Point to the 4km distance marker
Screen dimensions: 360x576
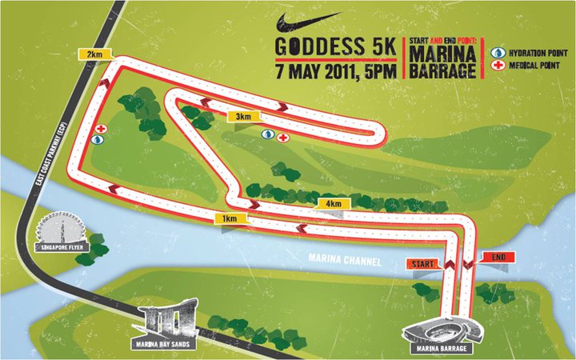click(332, 204)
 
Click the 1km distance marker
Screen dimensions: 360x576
click(229, 218)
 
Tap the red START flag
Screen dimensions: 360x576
click(422, 262)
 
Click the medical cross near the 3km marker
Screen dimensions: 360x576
click(283, 137)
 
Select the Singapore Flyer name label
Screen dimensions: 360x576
click(62, 249)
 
